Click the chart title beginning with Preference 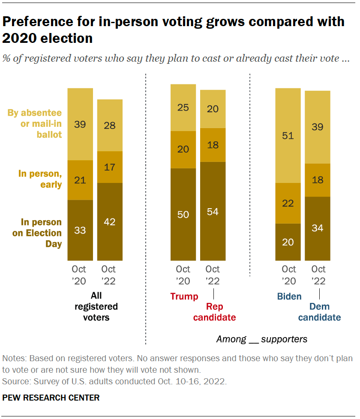tap(173, 30)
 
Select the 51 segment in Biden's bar tap(288, 135)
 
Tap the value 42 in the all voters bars tap(110, 221)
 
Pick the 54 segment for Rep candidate tap(213, 211)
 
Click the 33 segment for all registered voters tap(80, 230)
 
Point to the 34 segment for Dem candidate tap(318, 228)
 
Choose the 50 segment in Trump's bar tap(183, 214)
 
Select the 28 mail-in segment tap(110, 125)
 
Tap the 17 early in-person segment tap(110, 167)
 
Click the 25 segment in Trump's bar tap(183, 107)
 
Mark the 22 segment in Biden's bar tap(288, 203)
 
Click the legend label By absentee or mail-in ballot tap(35, 124)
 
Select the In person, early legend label tap(40, 179)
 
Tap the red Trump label tap(184, 296)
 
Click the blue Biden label tap(289, 296)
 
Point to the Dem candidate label tap(319, 312)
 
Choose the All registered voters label tap(96, 307)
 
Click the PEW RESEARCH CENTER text tap(51, 398)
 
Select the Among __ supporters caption tap(261, 339)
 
